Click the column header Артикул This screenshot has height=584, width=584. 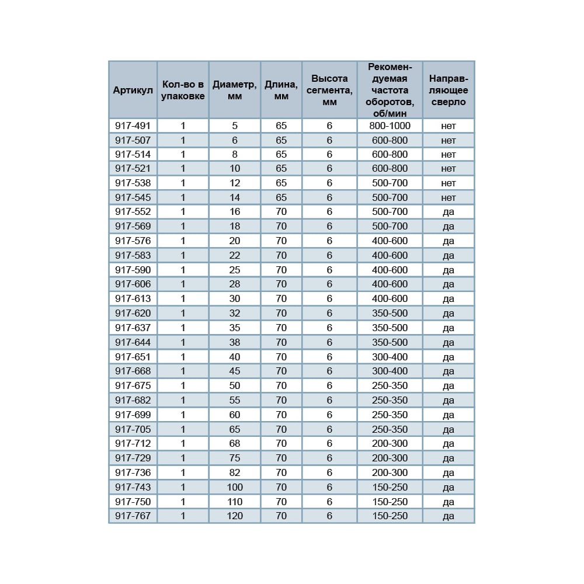click(x=133, y=91)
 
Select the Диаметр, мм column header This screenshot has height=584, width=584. click(x=234, y=91)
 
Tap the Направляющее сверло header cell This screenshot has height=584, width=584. click(x=448, y=91)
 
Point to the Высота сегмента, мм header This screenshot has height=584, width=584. click(x=329, y=91)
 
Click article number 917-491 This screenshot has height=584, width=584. click(x=133, y=126)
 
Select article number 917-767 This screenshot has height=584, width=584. click(x=133, y=516)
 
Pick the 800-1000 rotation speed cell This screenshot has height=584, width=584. click(x=390, y=126)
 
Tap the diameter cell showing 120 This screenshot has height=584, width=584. click(x=234, y=516)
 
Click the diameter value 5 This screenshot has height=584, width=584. click(x=234, y=126)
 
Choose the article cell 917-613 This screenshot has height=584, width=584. click(x=133, y=298)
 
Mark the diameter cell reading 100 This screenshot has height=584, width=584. click(x=234, y=487)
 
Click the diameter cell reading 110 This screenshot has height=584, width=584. click(x=234, y=502)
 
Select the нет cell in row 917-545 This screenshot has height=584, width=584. click(x=448, y=198)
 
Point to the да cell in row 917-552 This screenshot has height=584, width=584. click(x=448, y=212)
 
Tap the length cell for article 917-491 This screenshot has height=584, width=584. click(x=281, y=126)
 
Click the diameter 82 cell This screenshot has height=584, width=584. click(x=234, y=472)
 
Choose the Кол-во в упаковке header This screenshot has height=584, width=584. click(x=183, y=91)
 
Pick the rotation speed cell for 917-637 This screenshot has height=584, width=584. click(x=390, y=328)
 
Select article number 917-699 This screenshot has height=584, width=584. click(x=133, y=415)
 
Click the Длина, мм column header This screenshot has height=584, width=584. click(x=281, y=91)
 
